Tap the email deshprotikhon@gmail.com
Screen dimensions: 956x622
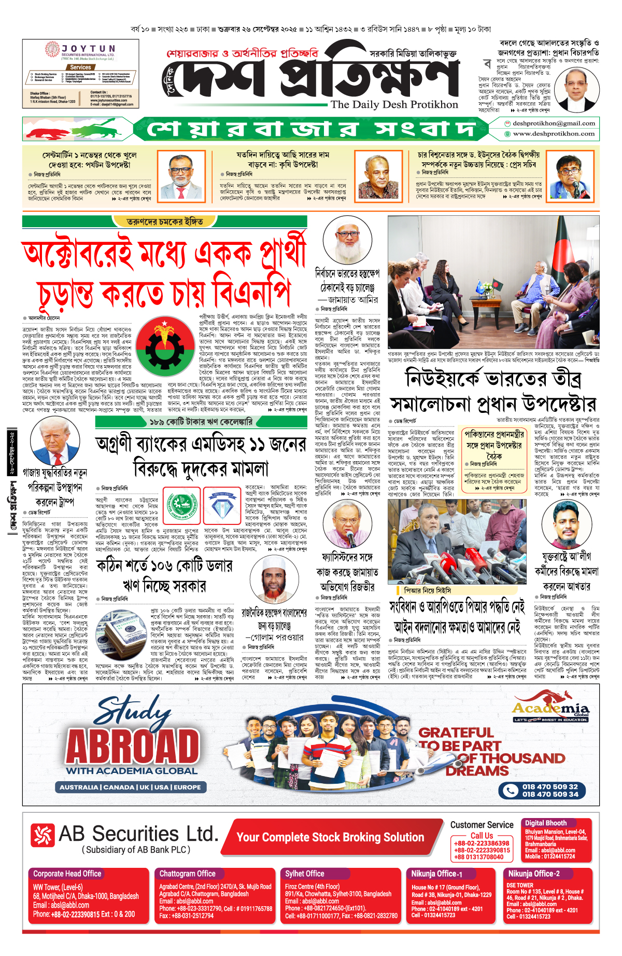[554, 123]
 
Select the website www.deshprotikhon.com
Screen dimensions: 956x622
[554, 134]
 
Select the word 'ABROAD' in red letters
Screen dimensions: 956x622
[133, 746]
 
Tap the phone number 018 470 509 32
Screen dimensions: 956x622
[550, 786]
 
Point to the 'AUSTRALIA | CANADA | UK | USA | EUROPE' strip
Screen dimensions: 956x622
[130, 787]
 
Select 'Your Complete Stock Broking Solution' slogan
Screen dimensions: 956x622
[330, 837]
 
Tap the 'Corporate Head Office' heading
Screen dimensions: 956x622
[67, 874]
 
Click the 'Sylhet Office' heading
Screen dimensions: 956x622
[304, 874]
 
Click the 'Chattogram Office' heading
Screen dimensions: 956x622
[187, 874]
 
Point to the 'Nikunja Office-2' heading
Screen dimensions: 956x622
[534, 874]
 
